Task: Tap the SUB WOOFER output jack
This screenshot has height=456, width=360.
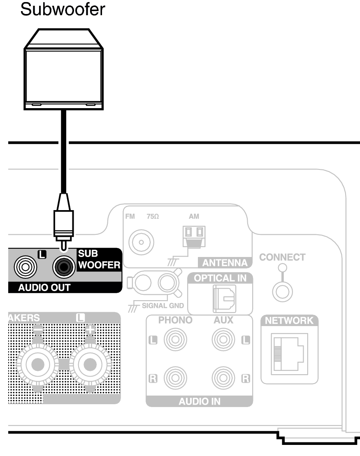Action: tap(64, 268)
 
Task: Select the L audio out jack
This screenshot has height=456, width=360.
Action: tap(26, 268)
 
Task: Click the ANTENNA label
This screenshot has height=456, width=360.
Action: tap(225, 263)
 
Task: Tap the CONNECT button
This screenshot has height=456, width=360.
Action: tap(282, 292)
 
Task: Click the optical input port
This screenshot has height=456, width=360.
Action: tap(224, 298)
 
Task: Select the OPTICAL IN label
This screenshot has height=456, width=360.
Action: tap(220, 278)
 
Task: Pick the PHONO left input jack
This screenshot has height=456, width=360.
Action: tap(175, 340)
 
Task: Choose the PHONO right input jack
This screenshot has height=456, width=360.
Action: tap(175, 377)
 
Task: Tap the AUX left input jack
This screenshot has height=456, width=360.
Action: tap(223, 340)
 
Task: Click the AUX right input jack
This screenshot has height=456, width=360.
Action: tap(223, 377)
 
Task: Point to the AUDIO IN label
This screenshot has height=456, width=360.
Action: tap(199, 401)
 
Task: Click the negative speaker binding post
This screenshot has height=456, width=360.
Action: tap(37, 363)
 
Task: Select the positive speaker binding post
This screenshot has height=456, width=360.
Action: tap(90, 363)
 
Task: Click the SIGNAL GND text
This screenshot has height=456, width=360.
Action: tap(163, 306)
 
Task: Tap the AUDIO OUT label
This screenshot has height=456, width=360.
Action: tap(44, 288)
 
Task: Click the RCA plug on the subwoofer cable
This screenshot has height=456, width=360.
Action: tap(63, 222)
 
